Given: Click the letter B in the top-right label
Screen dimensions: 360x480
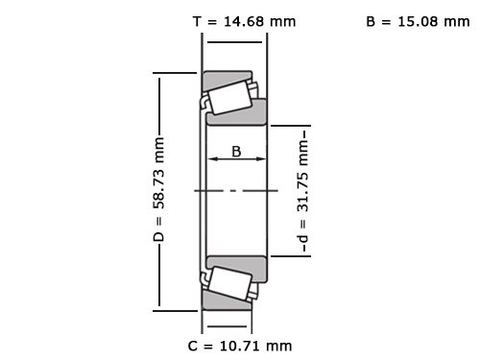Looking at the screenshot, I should click(x=372, y=21).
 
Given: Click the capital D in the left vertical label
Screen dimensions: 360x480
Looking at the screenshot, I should click(x=159, y=235).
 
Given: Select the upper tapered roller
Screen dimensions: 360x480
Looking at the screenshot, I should click(x=228, y=96).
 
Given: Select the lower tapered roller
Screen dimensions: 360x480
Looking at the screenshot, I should click(x=228, y=283).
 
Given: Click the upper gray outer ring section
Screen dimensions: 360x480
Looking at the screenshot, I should click(x=227, y=76).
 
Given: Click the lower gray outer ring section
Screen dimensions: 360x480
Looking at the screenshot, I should click(x=227, y=303).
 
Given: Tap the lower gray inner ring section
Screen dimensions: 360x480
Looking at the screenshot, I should click(x=238, y=263).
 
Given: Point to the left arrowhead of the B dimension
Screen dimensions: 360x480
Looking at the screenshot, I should click(x=210, y=161).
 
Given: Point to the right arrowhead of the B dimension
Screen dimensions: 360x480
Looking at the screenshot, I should click(x=264, y=161).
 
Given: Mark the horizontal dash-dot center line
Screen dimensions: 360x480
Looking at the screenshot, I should click(x=235, y=190).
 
